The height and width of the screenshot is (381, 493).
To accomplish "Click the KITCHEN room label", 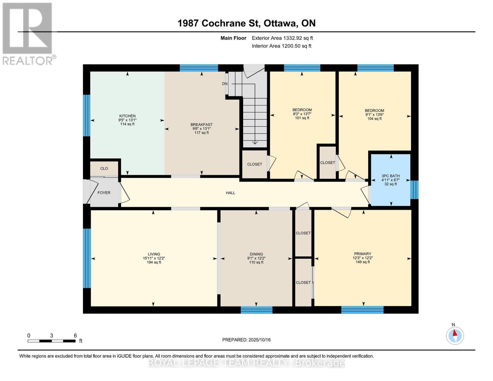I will pos(127,116).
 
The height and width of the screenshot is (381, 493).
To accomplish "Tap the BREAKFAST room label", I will pos(201,125).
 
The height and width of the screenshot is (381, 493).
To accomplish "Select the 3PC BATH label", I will pos(390,176).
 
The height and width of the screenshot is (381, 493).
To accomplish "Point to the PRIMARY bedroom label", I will pos(363,254).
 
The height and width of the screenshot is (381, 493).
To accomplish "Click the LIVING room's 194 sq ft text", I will pos(154,263).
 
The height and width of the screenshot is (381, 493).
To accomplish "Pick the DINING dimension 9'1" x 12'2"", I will pos(256,258).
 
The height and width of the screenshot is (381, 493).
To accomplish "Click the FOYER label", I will pos(104,193).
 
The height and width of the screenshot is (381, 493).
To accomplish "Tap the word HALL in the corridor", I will pos(230,193).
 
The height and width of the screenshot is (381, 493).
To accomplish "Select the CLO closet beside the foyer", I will pos(104,169).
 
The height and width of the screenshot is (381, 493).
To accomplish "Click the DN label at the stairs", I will pos(225,84).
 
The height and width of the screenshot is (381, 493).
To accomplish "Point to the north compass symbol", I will pos(455,335).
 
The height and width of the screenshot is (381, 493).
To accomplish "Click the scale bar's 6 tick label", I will pos(75,336).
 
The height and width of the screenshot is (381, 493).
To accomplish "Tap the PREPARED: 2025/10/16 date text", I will pos(246,340).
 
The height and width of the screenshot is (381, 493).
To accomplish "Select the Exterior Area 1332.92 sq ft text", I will pos(282,38).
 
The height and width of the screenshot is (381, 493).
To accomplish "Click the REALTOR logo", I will pos(28,34).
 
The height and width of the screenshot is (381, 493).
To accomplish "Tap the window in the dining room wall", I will pos(256,310).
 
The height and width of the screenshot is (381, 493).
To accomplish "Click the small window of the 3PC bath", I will pos(414,190).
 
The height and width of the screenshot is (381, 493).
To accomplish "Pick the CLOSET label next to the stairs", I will pos(255,164).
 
